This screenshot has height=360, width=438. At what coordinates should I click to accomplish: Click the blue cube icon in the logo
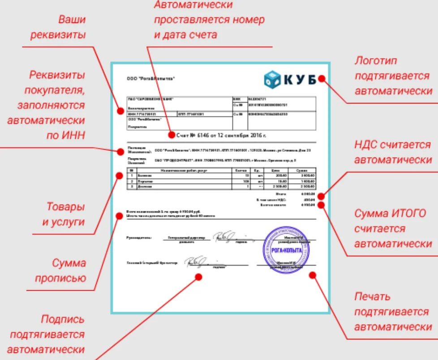[272, 79]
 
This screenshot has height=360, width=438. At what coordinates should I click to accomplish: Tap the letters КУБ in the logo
[300, 80]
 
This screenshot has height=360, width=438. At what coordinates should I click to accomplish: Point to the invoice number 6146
[203, 135]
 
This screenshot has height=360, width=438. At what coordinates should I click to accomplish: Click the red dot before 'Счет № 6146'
[171, 135]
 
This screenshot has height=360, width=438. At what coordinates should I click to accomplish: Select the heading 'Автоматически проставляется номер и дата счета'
[209, 20]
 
